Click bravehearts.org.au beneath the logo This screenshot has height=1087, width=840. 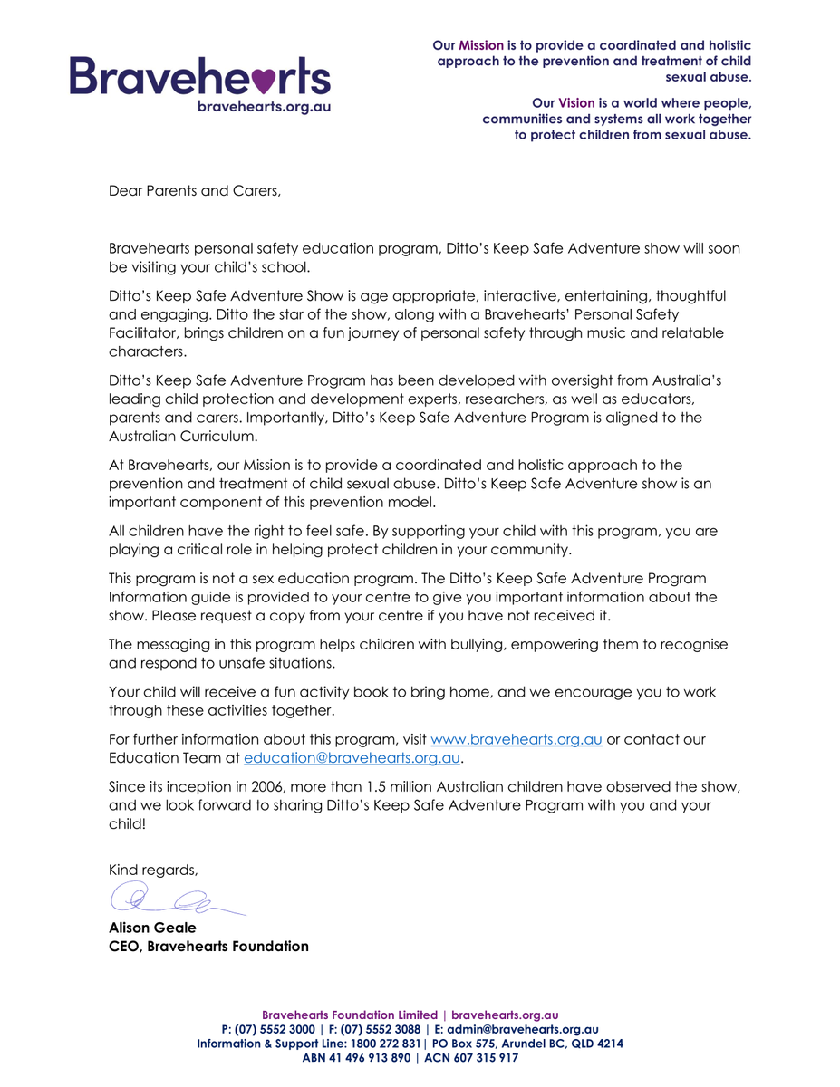pos(264,106)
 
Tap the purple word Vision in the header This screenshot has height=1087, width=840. pos(576,103)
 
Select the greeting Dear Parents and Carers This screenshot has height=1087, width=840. pos(195,191)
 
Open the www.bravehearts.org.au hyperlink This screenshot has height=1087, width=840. pos(517,739)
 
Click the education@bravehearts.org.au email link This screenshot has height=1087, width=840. pos(352,758)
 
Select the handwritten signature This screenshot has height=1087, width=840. pos(172,899)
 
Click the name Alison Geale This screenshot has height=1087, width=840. pos(152,928)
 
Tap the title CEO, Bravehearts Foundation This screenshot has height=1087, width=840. pos(208,947)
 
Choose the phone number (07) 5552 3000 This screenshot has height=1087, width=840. pos(275,1030)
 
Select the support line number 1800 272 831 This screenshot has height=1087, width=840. pos(385,1044)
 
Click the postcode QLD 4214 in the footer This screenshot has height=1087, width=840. pos(597,1044)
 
